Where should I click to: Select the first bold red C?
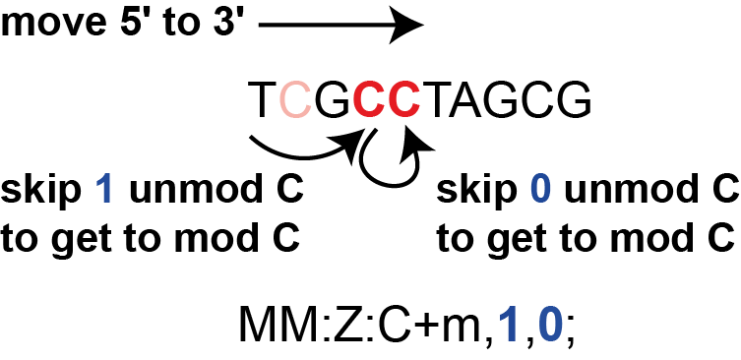pos(369,100)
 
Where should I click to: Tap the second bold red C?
pos(404,100)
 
